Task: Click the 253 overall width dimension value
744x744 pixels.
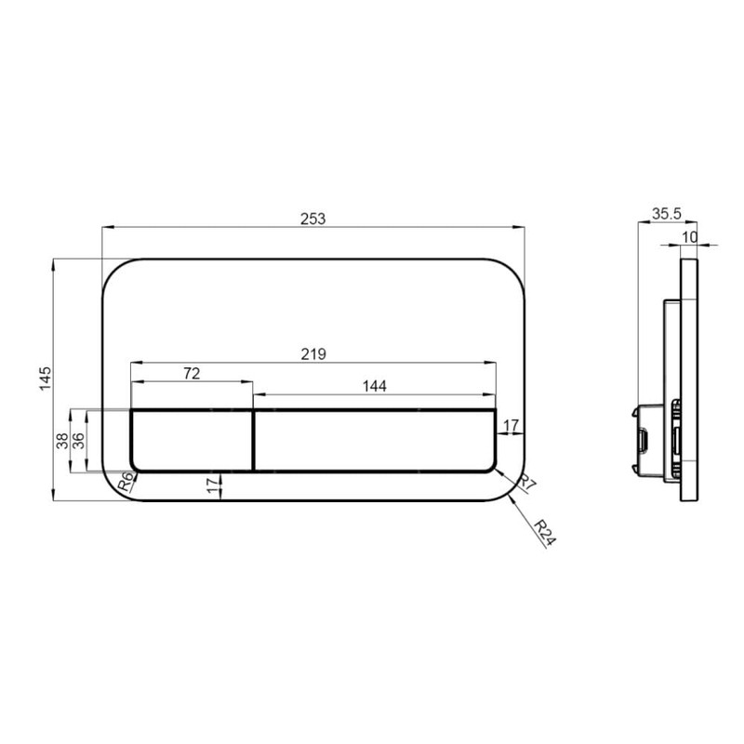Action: [x=313, y=219]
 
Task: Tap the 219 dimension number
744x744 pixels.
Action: [x=312, y=353]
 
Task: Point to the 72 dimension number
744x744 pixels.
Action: [x=192, y=374]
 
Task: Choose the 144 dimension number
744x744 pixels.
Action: [x=374, y=384]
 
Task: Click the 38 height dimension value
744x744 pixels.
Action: [x=61, y=441]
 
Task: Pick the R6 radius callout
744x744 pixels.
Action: [x=124, y=481]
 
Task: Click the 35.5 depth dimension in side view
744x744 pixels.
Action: [x=666, y=214]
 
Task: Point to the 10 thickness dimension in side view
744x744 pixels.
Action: [x=689, y=237]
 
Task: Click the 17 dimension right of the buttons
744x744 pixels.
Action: [x=511, y=425]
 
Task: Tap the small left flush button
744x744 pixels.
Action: [x=192, y=441]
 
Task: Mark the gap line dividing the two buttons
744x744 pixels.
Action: [x=253, y=441]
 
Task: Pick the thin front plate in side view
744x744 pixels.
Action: [x=689, y=380]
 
